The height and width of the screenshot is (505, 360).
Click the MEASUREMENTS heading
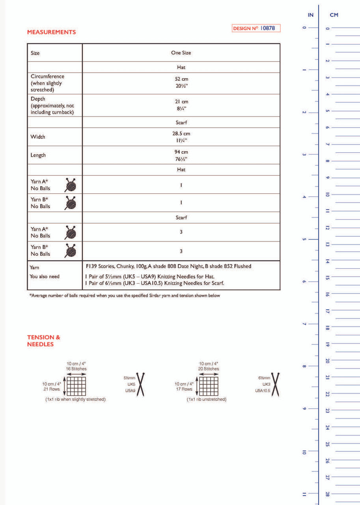click(51, 32)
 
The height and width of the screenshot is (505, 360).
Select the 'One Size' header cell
click(181, 52)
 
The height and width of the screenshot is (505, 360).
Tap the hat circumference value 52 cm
click(181, 79)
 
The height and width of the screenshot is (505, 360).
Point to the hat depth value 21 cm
click(181, 101)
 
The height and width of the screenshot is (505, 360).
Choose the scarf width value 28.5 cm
click(181, 134)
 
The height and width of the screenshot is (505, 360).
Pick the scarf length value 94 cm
click(181, 152)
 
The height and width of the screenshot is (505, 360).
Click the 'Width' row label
click(38, 137)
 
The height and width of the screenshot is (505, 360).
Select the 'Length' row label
click(38, 155)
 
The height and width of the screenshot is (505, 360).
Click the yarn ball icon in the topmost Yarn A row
click(71, 185)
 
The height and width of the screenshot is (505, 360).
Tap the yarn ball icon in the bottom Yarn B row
click(71, 251)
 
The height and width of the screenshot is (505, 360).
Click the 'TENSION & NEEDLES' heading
click(43, 340)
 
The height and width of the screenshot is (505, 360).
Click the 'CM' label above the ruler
click(334, 15)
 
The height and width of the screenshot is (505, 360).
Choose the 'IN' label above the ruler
click(311, 15)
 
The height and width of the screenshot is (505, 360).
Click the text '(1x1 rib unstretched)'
click(207, 399)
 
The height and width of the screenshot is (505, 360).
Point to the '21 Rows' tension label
click(52, 389)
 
